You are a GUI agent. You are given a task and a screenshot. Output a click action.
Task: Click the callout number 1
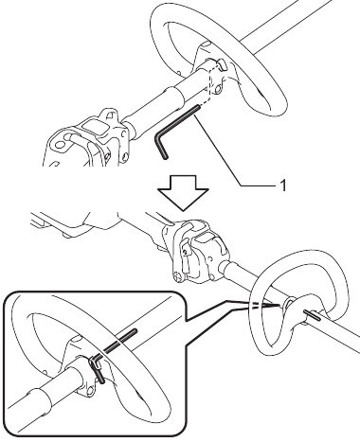click(283, 186)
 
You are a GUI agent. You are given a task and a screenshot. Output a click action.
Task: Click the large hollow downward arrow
click(183, 192)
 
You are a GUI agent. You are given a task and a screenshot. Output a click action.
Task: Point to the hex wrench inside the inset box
click(113, 352)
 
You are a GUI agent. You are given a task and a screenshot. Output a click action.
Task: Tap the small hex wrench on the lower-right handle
click(312, 315)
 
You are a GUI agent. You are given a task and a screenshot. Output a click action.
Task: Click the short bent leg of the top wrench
click(161, 147)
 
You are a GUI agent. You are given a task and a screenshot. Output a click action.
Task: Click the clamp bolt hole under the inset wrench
click(91, 391)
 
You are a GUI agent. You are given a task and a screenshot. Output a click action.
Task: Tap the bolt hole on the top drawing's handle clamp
click(217, 90)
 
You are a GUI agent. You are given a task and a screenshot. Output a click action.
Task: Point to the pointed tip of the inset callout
click(280, 306)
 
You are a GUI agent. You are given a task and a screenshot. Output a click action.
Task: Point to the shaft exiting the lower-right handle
click(341, 333)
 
